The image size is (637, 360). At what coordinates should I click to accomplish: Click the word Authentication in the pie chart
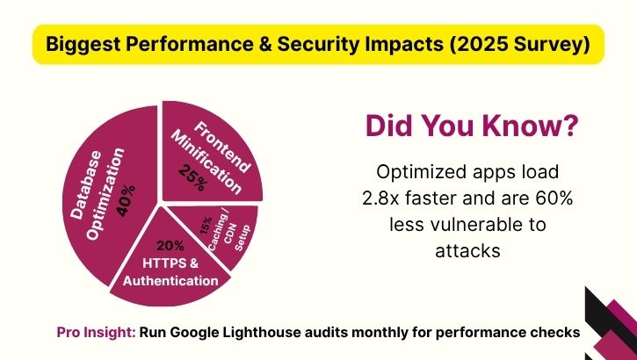pos(170,280)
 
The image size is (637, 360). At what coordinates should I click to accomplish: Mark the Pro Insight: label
pos(95,333)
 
